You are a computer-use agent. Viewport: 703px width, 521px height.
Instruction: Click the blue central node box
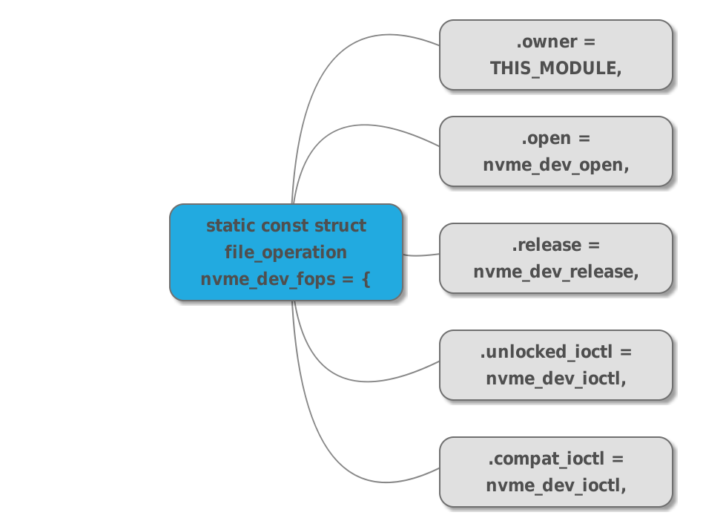pyautogui.click(x=286, y=252)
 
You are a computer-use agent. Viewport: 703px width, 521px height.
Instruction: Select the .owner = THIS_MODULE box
pyautogui.click(x=556, y=55)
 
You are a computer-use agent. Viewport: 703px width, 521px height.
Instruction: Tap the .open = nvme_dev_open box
pyautogui.click(x=556, y=151)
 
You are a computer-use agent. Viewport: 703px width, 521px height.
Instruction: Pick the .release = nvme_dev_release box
pyautogui.click(x=556, y=258)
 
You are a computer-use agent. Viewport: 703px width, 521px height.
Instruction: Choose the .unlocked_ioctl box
pyautogui.click(x=556, y=365)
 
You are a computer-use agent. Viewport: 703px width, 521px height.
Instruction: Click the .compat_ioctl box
pyautogui.click(x=556, y=471)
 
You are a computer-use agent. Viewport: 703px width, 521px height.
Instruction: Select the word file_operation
pyautogui.click(x=286, y=252)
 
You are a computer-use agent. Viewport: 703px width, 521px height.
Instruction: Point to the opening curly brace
pyautogui.click(x=366, y=278)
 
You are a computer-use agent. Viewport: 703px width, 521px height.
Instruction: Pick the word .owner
pyautogui.click(x=547, y=42)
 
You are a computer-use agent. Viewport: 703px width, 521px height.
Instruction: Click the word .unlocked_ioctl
pyautogui.click(x=546, y=352)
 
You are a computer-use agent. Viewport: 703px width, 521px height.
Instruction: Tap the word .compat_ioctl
pyautogui.click(x=546, y=459)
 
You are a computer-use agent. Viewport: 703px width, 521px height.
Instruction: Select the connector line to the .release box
pyautogui.click(x=421, y=255)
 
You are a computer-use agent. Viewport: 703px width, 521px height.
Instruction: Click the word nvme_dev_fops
pyautogui.click(x=268, y=279)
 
